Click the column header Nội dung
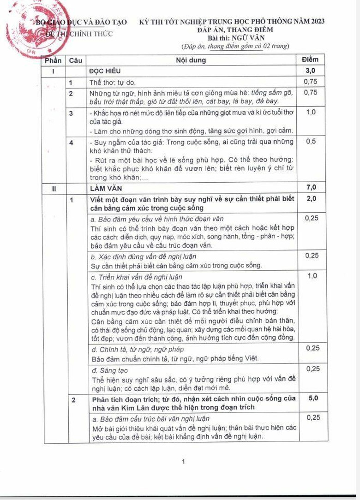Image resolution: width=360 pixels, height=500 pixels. pyautogui.click(x=191, y=60)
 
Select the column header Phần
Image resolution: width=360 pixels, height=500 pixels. pyautogui.click(x=54, y=60)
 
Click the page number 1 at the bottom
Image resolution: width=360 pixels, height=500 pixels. pyautogui.click(x=184, y=461)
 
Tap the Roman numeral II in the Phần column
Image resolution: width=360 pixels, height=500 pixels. pyautogui.click(x=54, y=188)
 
